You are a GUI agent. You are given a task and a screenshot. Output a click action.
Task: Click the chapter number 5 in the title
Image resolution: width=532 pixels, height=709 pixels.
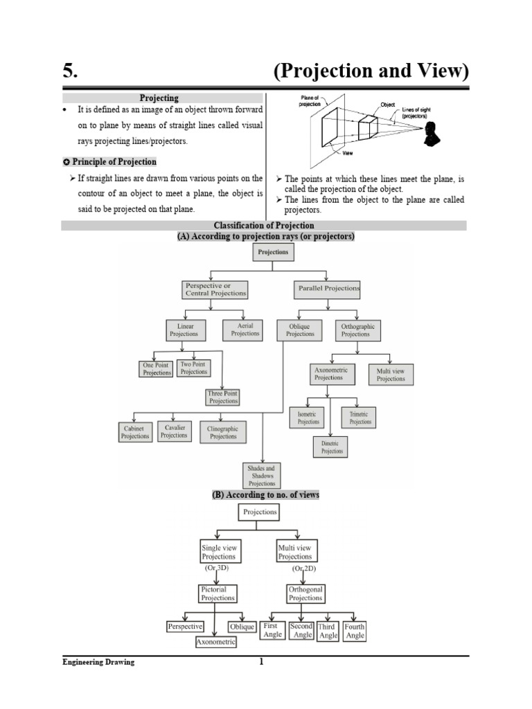coord(68,71)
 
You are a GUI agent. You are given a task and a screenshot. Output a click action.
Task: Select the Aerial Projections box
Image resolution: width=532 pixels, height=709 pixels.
coord(245,330)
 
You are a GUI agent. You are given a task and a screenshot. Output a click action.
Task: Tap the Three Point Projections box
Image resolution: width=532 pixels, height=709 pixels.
coord(223,397)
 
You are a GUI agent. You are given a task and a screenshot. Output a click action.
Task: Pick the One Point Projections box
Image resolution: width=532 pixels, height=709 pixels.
coord(157,369)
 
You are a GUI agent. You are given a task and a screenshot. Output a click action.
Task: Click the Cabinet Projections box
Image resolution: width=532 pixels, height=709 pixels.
coord(135,433)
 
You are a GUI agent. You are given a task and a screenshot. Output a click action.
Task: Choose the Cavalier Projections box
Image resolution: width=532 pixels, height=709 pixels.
coord(174,431)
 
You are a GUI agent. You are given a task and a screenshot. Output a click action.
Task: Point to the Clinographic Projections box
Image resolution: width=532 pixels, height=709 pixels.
coord(223,433)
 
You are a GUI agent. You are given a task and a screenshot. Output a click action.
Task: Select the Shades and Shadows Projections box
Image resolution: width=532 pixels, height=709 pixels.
coord(263,476)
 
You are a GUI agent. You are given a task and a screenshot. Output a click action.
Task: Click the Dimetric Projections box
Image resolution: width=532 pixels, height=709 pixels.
coord(332,447)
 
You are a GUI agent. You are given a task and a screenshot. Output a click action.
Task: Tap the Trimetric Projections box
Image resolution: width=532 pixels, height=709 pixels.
coord(360,418)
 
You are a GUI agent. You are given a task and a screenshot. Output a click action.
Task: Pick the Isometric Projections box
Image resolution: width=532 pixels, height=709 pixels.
coord(308,418)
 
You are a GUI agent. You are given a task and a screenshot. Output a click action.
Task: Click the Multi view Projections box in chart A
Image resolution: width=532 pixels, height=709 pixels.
coord(391,375)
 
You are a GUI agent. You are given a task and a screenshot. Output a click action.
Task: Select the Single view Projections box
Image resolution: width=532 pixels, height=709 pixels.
coord(218,552)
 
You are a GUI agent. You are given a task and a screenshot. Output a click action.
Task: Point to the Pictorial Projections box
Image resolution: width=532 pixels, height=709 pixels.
coord(218,594)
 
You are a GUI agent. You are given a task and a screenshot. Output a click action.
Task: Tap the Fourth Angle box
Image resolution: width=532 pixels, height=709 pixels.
coord(354,631)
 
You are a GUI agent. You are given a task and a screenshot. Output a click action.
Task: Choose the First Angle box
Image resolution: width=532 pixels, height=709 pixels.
coord(273,630)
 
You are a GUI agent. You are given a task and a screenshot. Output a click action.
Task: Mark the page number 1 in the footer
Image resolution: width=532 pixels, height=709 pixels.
coord(261,662)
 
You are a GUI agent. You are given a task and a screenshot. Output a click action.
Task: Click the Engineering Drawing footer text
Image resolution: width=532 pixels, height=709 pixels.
coord(98,663)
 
